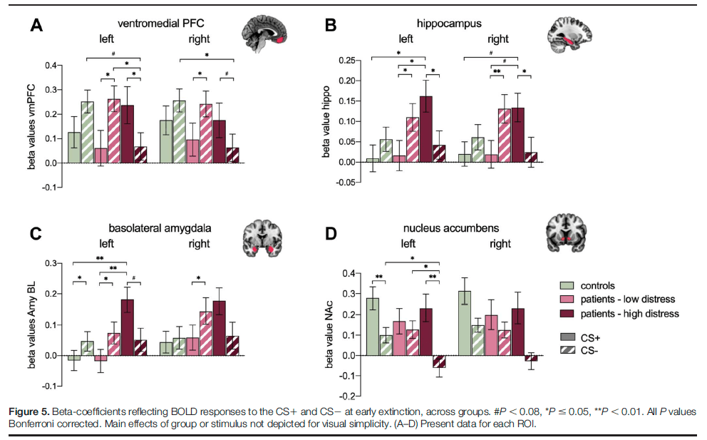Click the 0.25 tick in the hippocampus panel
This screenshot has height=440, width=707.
point(351,60)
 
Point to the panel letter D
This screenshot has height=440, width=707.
point(332,233)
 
